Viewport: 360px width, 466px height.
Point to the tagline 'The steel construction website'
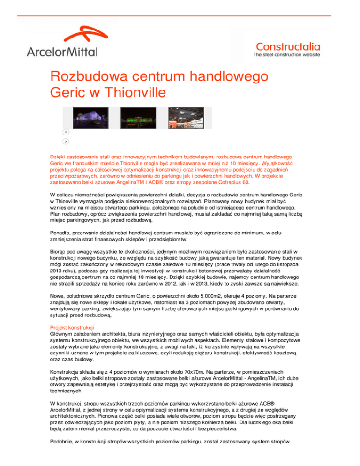[x=286, y=54]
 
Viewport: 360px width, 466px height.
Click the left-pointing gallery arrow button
[x=66, y=132]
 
